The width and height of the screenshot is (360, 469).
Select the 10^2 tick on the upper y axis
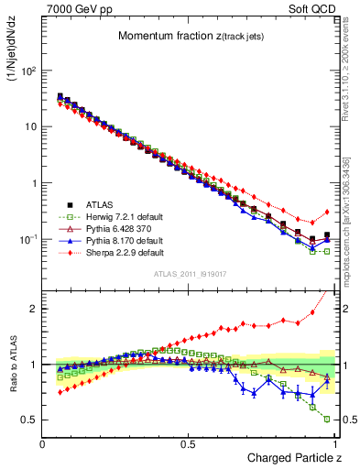29,71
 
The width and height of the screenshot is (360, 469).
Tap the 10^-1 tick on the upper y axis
29,239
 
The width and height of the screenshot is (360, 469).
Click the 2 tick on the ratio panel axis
35,309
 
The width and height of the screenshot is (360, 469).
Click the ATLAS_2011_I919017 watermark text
190,274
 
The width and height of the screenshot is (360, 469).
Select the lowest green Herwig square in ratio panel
327,419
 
